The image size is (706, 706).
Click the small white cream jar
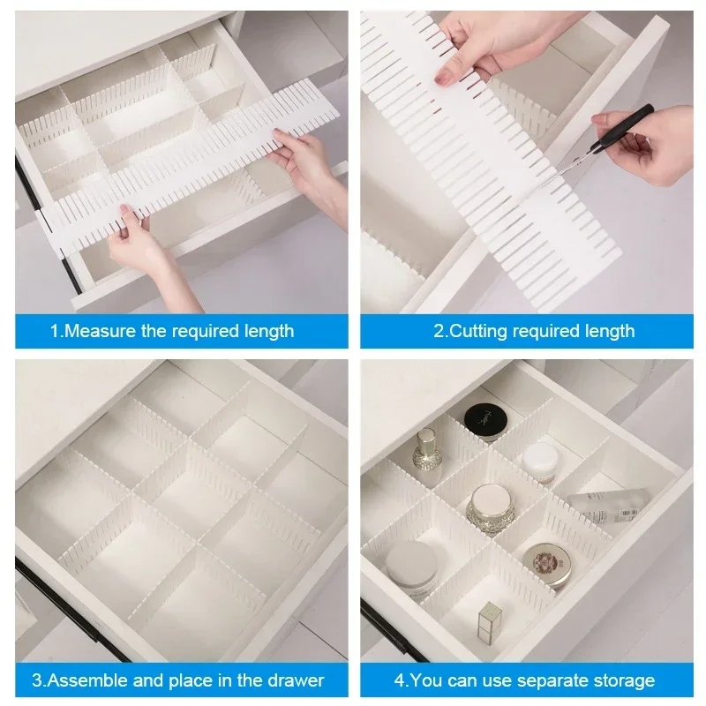tap(540, 462)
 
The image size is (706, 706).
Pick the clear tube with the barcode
tap(610, 507)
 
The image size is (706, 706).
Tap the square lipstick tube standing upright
tap(489, 621)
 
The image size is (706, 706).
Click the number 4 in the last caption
tap(399, 680)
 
